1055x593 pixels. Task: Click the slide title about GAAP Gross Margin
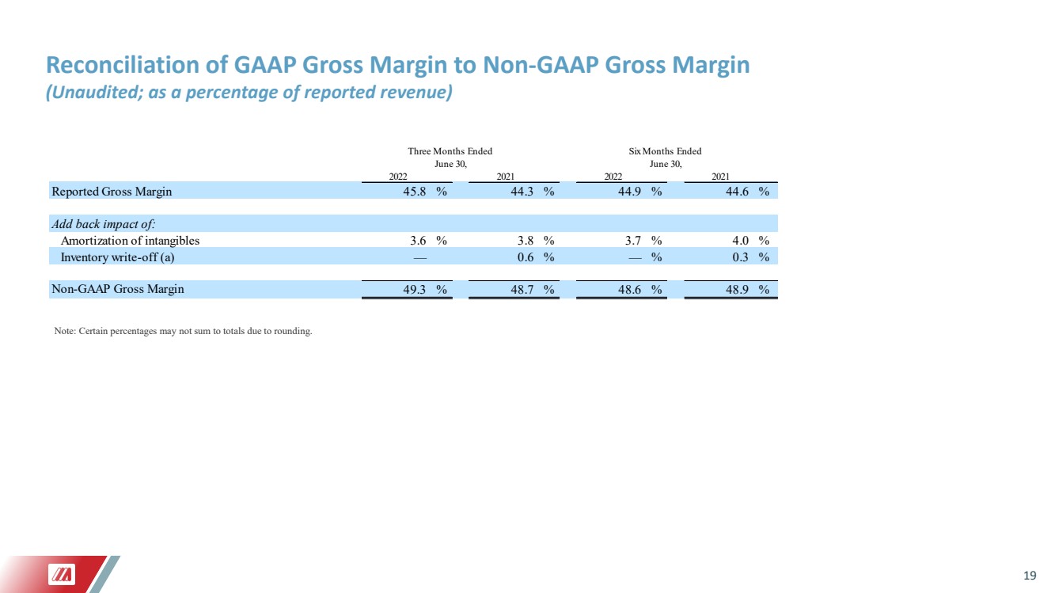(x=397, y=65)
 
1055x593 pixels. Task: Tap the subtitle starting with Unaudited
(x=249, y=92)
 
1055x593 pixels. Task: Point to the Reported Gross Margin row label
(x=112, y=192)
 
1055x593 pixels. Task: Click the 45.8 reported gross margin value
(x=415, y=192)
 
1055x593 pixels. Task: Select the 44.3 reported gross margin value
(x=522, y=192)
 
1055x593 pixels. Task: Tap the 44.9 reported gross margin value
(x=630, y=192)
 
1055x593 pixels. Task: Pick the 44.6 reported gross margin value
(x=737, y=192)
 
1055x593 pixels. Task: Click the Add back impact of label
(x=104, y=224)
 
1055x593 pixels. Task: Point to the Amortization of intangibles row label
(x=130, y=241)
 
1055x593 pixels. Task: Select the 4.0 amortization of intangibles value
(x=740, y=241)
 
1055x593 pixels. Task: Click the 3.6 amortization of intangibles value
(x=418, y=241)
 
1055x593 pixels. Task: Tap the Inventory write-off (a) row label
(x=117, y=257)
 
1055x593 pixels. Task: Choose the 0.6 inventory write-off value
(x=526, y=257)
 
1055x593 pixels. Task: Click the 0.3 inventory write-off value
(x=740, y=257)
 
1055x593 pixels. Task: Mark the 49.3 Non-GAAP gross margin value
(x=415, y=289)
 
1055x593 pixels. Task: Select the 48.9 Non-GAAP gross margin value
(x=737, y=289)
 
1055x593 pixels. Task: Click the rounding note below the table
(x=183, y=331)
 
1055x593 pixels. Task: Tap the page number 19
(x=1030, y=576)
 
